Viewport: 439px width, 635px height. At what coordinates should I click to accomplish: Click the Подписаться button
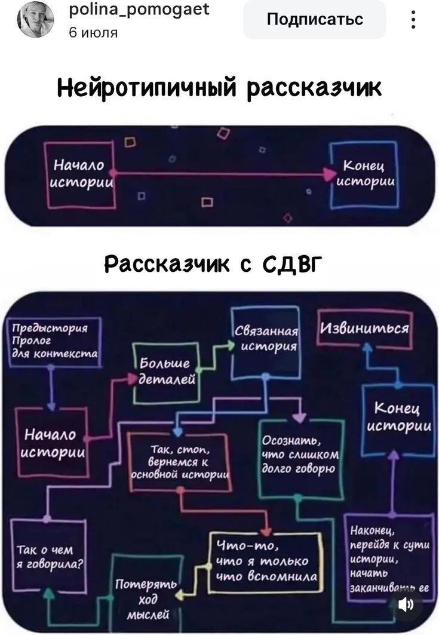[314, 20]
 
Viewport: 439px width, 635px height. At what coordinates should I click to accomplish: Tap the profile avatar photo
[35, 19]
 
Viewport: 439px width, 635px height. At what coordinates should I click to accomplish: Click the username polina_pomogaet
[139, 9]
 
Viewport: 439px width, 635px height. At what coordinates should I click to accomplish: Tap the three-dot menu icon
[413, 20]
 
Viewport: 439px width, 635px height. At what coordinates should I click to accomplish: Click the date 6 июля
[93, 32]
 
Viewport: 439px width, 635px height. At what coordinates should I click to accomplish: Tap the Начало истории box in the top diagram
[80, 174]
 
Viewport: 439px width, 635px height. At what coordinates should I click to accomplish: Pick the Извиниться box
[365, 329]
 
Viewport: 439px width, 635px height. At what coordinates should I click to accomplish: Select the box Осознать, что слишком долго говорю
[301, 457]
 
